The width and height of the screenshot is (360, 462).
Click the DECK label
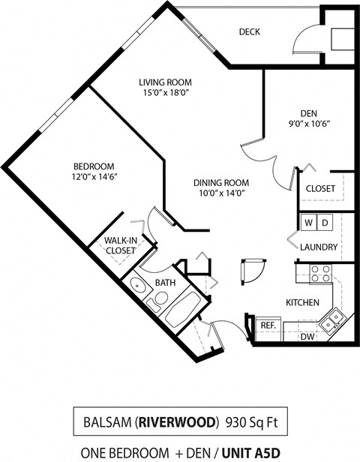click(249, 31)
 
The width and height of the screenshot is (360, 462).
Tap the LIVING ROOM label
click(165, 82)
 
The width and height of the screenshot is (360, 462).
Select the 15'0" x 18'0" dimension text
click(165, 93)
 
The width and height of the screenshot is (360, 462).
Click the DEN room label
click(308, 113)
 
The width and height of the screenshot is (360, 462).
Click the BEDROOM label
click(93, 166)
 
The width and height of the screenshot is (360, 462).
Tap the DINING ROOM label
click(221, 182)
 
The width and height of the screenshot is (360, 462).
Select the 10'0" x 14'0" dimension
click(221, 193)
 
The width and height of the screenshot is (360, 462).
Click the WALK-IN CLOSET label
click(120, 245)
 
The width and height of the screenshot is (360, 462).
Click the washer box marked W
click(308, 223)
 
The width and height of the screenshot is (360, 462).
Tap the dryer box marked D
click(325, 223)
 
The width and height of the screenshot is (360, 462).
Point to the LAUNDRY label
click(319, 247)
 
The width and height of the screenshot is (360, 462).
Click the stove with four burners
click(321, 273)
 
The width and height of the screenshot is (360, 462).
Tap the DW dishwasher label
click(307, 337)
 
